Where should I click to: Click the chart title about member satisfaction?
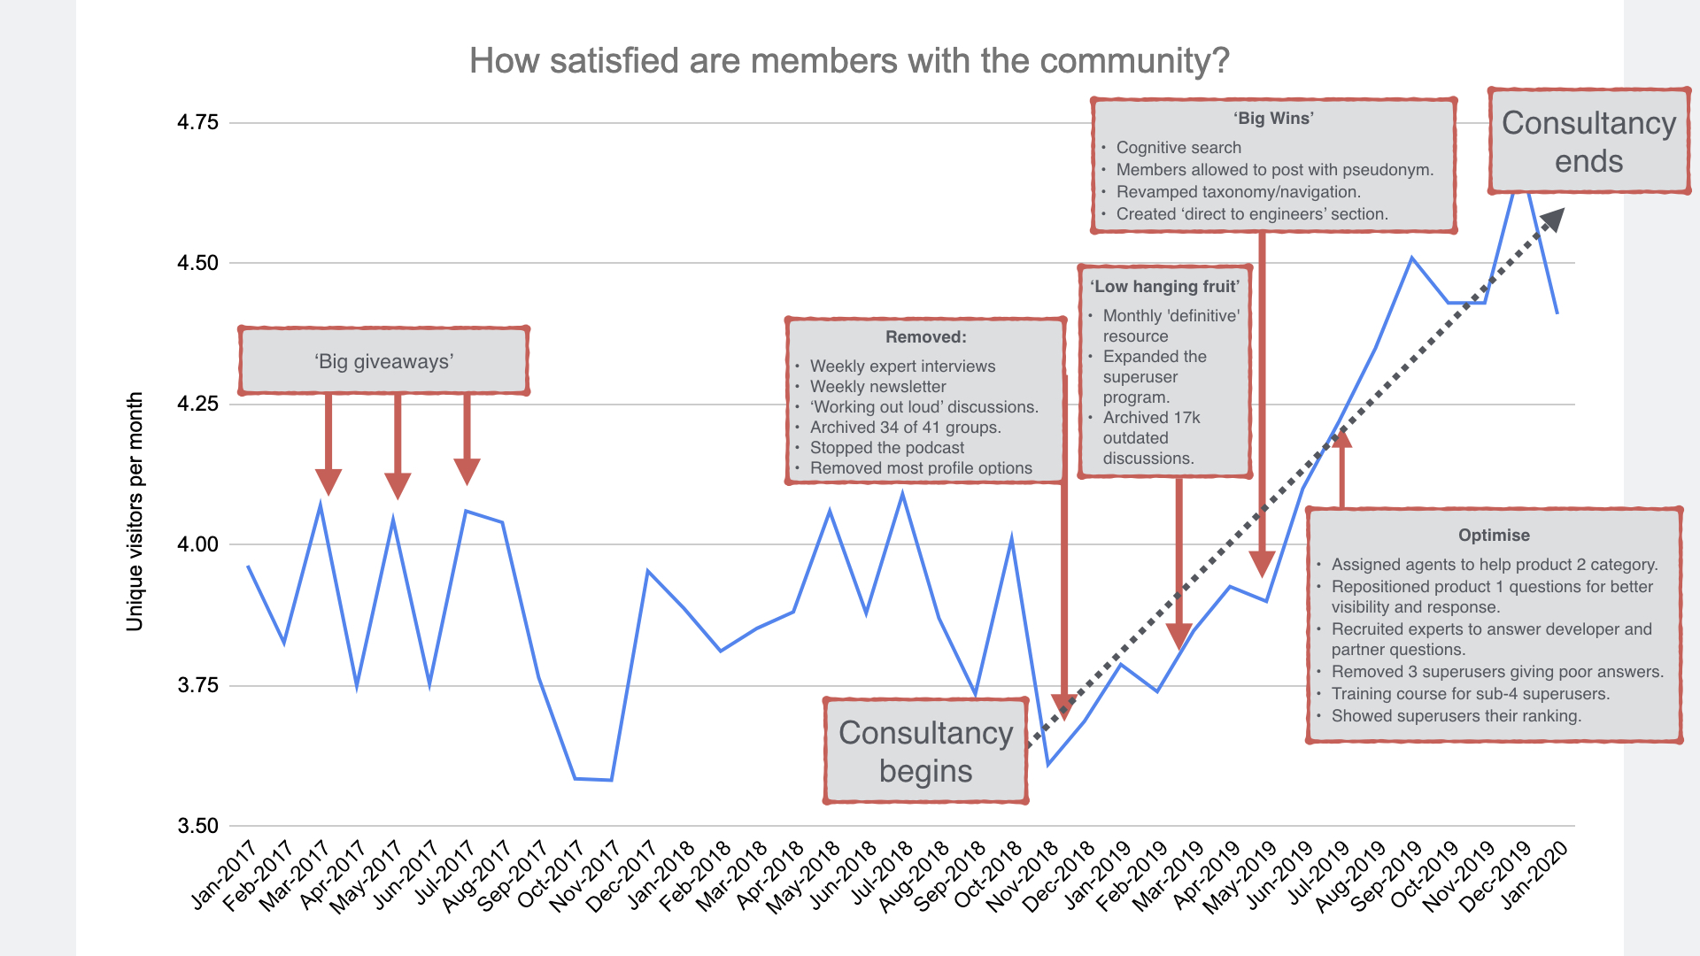coord(849,61)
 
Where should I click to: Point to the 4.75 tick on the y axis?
coord(197,122)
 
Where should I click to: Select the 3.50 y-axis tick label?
coord(197,826)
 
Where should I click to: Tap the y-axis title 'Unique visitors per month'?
coord(135,512)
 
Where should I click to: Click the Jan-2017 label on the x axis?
coord(223,875)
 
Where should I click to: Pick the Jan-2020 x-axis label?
coord(1534,875)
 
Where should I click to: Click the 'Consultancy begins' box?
coord(925,751)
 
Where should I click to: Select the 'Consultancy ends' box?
coord(1588,142)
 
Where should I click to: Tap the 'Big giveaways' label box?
coord(383,361)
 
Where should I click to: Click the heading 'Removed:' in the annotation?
coord(925,337)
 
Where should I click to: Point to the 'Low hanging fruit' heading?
coord(1164,287)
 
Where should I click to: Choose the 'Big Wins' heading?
coord(1273,119)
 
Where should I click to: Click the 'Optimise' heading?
coord(1494,536)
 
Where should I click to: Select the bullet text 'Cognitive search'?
coord(1178,148)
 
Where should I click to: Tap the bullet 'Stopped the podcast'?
coord(886,448)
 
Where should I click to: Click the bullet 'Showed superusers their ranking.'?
coord(1456,716)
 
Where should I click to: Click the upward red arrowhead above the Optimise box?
coord(1341,438)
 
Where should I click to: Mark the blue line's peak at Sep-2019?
coord(1411,258)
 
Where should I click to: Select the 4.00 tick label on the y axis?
coord(197,544)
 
